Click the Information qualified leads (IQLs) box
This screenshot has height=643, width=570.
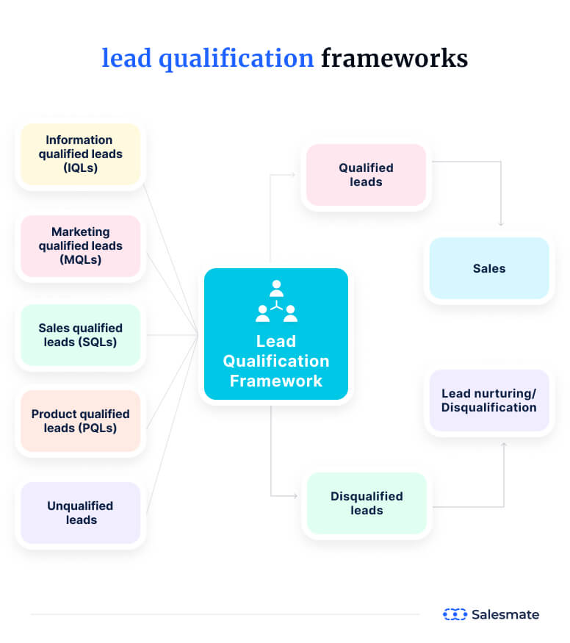tap(80, 154)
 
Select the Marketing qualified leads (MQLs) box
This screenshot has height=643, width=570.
tap(80, 245)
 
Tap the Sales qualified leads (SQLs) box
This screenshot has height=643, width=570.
tap(80, 335)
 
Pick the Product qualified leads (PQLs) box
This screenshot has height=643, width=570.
tap(80, 421)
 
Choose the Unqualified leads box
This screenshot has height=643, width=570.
tap(80, 512)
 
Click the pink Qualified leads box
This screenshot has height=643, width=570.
tap(366, 175)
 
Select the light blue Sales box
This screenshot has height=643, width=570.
tap(489, 268)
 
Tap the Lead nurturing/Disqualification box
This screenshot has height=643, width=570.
tap(489, 400)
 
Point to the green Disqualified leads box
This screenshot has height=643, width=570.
tap(367, 503)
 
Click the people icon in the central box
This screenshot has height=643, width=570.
tap(276, 302)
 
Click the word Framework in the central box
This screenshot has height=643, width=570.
tap(276, 381)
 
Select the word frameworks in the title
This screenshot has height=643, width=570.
tap(394, 58)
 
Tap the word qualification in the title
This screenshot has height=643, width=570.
tap(235, 58)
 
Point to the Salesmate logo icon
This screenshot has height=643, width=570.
tap(455, 614)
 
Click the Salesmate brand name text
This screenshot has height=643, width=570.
tap(505, 614)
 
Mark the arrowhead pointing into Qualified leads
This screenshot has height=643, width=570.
tap(293, 175)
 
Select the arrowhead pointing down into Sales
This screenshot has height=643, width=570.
tap(501, 223)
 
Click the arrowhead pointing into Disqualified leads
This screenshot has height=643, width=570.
tap(295, 496)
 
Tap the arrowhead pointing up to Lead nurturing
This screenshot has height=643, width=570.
tap(504, 445)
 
